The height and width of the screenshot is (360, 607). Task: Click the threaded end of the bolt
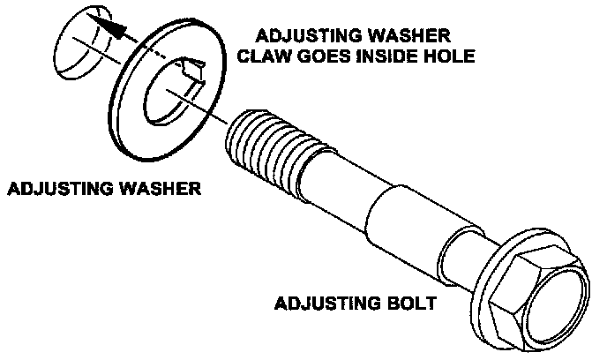(265, 142)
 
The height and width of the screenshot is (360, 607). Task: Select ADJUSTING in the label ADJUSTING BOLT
(324, 305)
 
